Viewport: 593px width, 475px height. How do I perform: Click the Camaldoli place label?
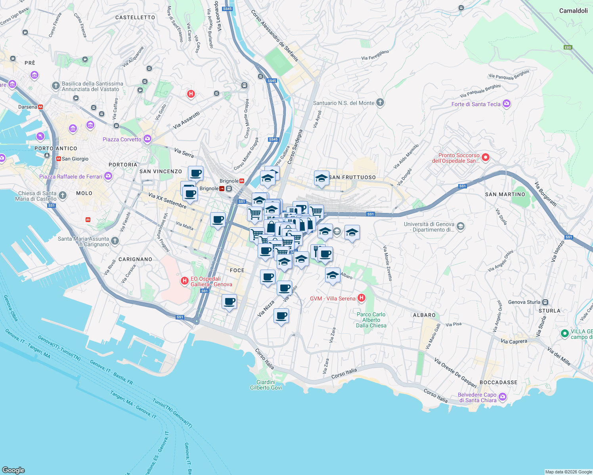click(573, 11)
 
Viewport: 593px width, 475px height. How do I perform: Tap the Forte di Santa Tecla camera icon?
click(506, 104)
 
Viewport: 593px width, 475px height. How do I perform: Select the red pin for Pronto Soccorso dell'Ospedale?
click(485, 158)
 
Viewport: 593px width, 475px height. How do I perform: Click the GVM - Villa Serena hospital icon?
click(361, 298)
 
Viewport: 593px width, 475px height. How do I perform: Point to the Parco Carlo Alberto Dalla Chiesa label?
click(371, 320)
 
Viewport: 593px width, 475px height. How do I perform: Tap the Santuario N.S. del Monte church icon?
click(380, 103)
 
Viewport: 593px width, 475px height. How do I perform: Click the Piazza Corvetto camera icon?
click(147, 139)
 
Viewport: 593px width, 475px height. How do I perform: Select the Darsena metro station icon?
click(40, 107)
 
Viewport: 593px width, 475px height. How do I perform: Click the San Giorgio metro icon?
click(59, 159)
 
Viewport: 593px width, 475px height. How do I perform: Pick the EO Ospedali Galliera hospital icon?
click(184, 281)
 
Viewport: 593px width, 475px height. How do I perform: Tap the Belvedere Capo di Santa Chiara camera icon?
click(503, 397)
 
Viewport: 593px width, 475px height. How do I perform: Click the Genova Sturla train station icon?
click(545, 302)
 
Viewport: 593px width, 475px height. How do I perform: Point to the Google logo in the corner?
click(13, 470)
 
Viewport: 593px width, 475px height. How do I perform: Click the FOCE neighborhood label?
click(237, 270)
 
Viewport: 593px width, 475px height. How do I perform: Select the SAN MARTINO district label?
click(505, 194)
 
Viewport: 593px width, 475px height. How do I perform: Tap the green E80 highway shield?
click(568, 47)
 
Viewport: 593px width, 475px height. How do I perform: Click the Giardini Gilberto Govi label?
click(266, 385)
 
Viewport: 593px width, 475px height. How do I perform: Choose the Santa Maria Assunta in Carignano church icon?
click(115, 241)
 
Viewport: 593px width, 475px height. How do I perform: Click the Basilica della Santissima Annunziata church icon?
click(56, 85)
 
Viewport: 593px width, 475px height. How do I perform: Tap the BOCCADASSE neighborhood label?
click(498, 382)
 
